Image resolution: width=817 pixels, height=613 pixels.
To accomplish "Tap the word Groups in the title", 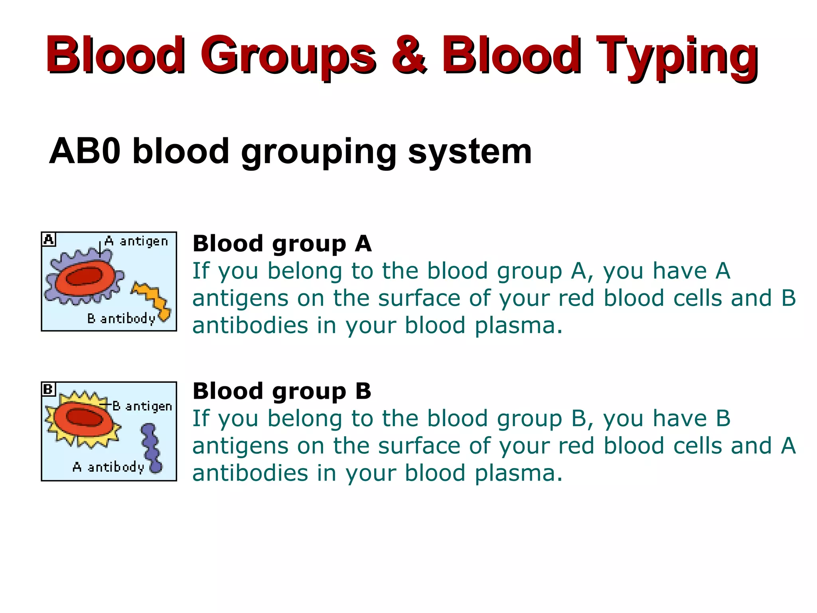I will click(x=288, y=56).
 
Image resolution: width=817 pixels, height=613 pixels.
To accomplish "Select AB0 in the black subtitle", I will click(x=85, y=152).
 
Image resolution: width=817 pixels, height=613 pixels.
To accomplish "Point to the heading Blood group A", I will click(x=282, y=244).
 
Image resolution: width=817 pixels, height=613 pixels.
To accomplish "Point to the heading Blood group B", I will click(x=282, y=391).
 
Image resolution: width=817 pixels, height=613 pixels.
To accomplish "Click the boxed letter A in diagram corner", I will click(x=49, y=239).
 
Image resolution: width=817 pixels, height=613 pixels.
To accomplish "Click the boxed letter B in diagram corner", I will click(x=48, y=389).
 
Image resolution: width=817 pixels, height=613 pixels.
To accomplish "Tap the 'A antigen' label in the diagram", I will click(x=136, y=241).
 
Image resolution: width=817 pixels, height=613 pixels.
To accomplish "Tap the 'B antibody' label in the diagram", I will click(x=121, y=319).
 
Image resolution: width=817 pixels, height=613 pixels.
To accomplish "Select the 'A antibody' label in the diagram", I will click(x=108, y=467).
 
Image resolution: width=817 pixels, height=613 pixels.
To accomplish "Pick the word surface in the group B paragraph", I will click(x=420, y=446).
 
